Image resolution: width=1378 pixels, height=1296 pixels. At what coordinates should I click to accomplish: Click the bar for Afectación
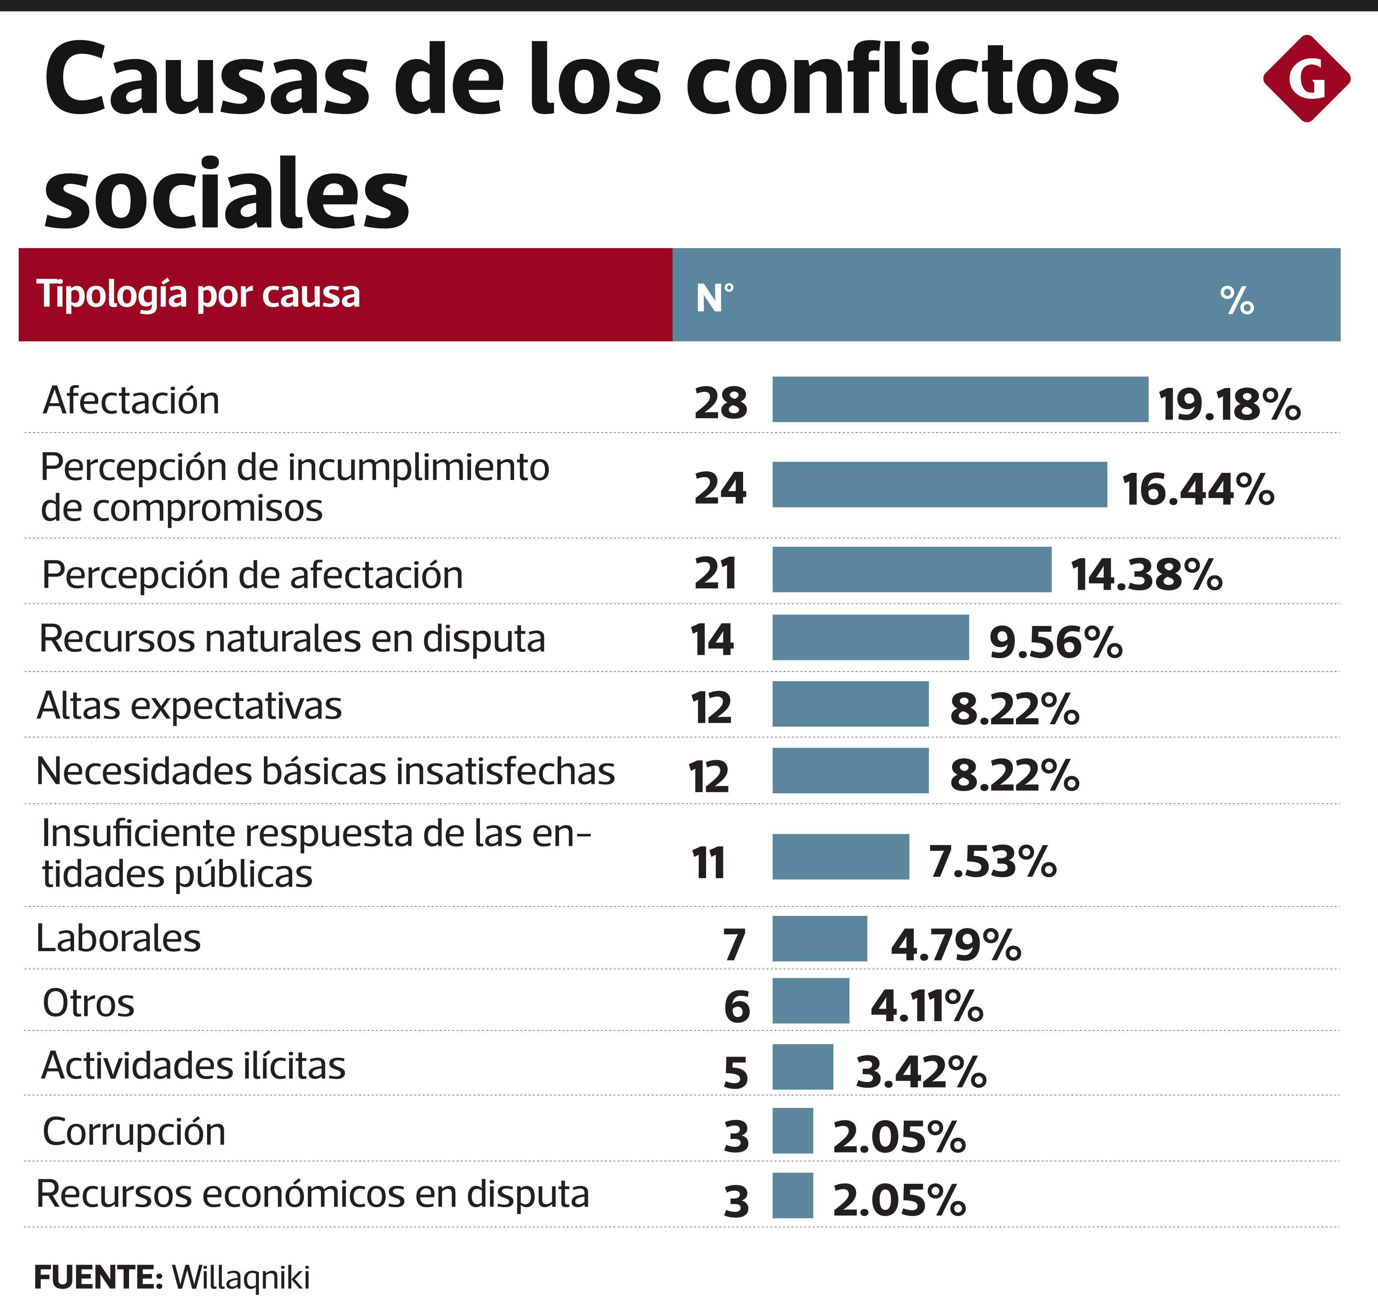(960, 400)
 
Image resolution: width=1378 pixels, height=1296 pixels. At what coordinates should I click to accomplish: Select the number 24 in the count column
(720, 488)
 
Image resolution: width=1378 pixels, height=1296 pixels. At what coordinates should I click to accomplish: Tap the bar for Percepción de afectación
(911, 569)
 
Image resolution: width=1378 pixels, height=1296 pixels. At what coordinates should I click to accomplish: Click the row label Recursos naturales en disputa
(292, 638)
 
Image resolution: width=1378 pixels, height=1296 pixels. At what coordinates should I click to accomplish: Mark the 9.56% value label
(1055, 642)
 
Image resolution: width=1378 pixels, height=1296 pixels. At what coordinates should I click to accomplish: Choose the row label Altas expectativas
(189, 706)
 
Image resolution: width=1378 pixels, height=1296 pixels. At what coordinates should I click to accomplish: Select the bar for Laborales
(819, 938)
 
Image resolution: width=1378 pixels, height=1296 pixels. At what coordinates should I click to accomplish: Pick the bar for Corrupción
(792, 1131)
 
